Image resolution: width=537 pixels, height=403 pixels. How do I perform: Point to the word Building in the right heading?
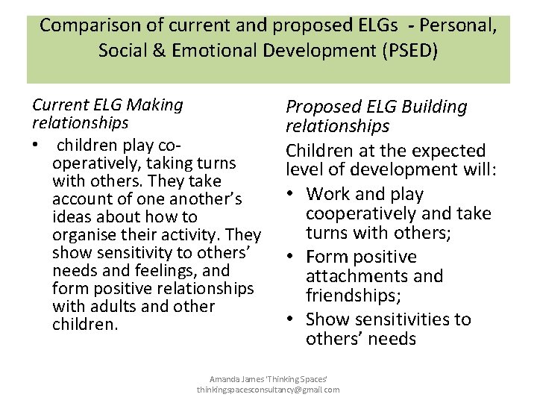tap(433, 107)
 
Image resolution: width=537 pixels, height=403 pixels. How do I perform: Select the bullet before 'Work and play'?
tap(292, 195)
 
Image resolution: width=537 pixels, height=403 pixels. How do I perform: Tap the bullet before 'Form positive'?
tap(292, 257)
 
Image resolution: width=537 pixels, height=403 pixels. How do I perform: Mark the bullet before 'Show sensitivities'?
tap(292, 320)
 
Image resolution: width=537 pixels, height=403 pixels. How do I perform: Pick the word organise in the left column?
tap(83, 235)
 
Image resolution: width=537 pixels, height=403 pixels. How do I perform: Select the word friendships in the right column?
tap(354, 296)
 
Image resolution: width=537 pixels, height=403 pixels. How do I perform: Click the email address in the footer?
tap(268, 390)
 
